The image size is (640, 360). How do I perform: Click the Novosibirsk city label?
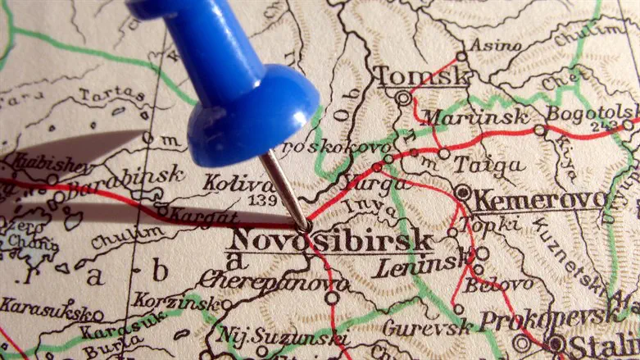[x=331, y=241]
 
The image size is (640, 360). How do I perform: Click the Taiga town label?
[x=489, y=165]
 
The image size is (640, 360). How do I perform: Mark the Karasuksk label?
[x=45, y=308]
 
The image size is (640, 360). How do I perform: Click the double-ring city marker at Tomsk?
[x=402, y=98]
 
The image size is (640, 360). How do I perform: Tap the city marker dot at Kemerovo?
[x=463, y=194]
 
